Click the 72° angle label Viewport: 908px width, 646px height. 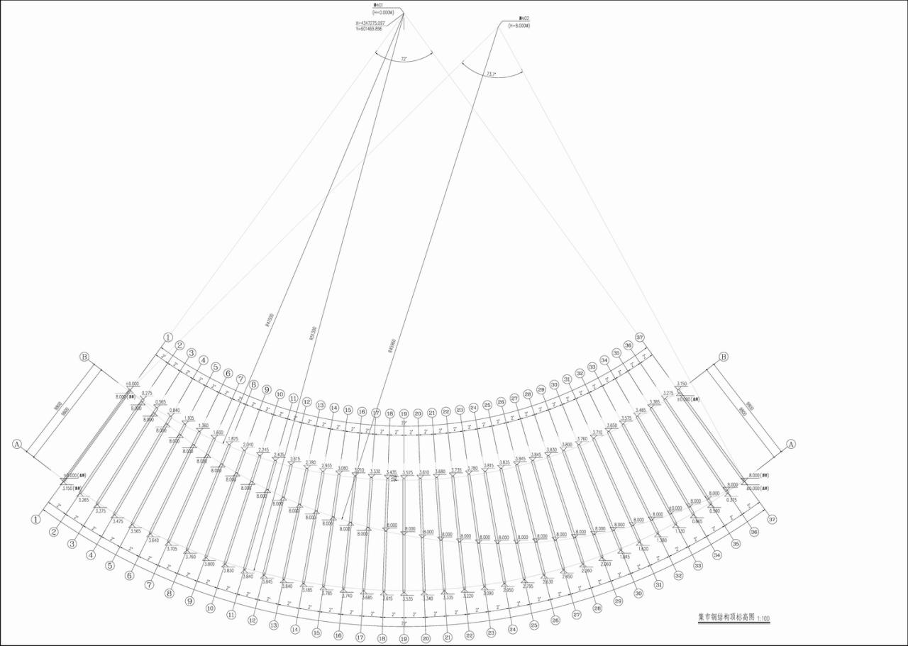click(404, 60)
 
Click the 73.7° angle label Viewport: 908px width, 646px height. click(491, 73)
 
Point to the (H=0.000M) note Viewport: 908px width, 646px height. click(384, 13)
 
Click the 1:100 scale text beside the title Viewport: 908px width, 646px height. click(763, 619)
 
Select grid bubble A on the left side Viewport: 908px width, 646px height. click(17, 445)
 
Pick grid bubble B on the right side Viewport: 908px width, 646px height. click(724, 357)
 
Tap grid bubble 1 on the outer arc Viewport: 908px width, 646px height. click(35, 519)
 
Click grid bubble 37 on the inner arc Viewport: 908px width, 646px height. click(640, 337)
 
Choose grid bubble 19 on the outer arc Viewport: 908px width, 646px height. click(404, 638)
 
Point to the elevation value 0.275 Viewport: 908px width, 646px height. click(147, 393)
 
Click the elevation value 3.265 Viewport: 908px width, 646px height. click(84, 500)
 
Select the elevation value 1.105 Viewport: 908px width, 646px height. click(189, 418)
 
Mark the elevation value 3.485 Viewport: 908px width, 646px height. click(641, 410)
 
